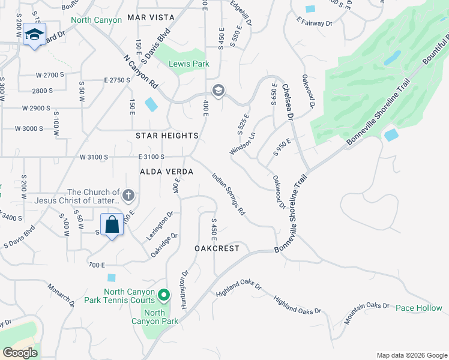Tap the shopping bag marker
[x=112, y=226]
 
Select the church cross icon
[x=128, y=195]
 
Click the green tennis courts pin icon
[x=164, y=295]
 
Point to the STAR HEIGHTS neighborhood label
[x=167, y=136]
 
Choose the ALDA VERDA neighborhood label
[x=166, y=172]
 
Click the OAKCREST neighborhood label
[x=217, y=248]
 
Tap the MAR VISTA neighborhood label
[x=152, y=19]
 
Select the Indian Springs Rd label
[x=229, y=194]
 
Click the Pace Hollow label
[x=419, y=308]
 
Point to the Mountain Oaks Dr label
[x=367, y=313]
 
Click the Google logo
[x=20, y=353]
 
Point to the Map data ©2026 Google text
[x=411, y=355]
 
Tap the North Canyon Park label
[x=154, y=317]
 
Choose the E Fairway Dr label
[x=314, y=23]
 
